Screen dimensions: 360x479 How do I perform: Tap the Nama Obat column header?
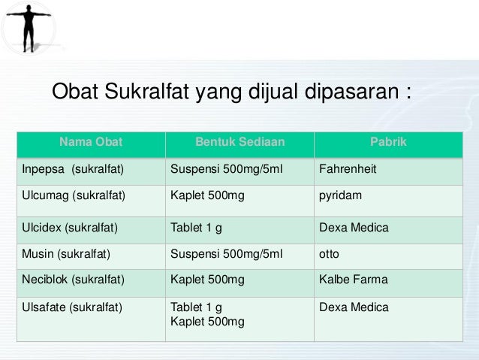click(x=90, y=141)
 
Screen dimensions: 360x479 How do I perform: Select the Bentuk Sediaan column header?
click(x=239, y=141)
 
